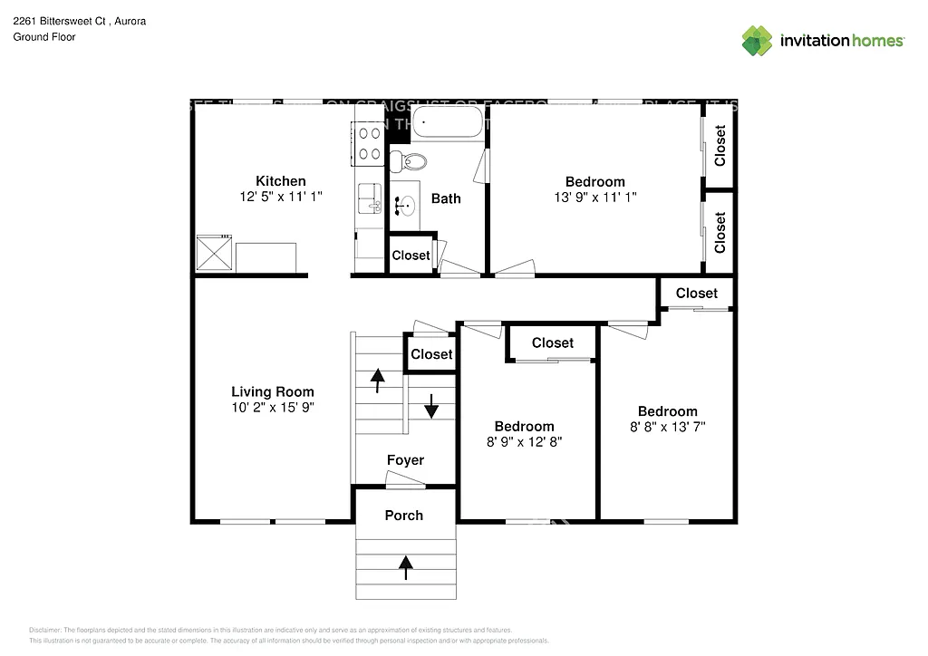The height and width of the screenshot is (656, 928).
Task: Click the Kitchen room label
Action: [x=280, y=181]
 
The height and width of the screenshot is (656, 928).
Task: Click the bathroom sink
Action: [x=404, y=207]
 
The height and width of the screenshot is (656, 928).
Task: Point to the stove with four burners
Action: [x=370, y=144]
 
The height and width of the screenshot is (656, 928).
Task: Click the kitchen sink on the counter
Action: [x=370, y=198]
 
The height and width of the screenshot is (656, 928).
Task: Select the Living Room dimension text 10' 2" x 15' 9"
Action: [x=273, y=408]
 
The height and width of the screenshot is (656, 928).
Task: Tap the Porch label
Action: [x=403, y=516]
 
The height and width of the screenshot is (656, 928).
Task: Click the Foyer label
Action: [x=405, y=460]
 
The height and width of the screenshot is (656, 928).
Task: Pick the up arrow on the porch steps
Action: [x=406, y=567]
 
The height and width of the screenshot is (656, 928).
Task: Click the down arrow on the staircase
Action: [x=431, y=406]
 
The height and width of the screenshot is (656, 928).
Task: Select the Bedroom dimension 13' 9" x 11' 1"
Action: [x=595, y=197]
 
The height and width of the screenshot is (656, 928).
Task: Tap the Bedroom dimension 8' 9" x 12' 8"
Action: [x=524, y=442]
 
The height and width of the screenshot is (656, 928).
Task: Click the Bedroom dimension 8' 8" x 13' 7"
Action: [x=667, y=427]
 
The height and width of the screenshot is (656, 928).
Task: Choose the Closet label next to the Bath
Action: [x=411, y=256]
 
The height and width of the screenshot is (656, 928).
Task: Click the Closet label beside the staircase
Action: [x=431, y=354]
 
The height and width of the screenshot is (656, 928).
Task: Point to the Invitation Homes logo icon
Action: [x=758, y=41]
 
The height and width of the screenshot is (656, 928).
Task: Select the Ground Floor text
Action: [x=43, y=37]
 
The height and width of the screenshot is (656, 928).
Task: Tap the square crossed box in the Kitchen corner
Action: [x=216, y=253]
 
